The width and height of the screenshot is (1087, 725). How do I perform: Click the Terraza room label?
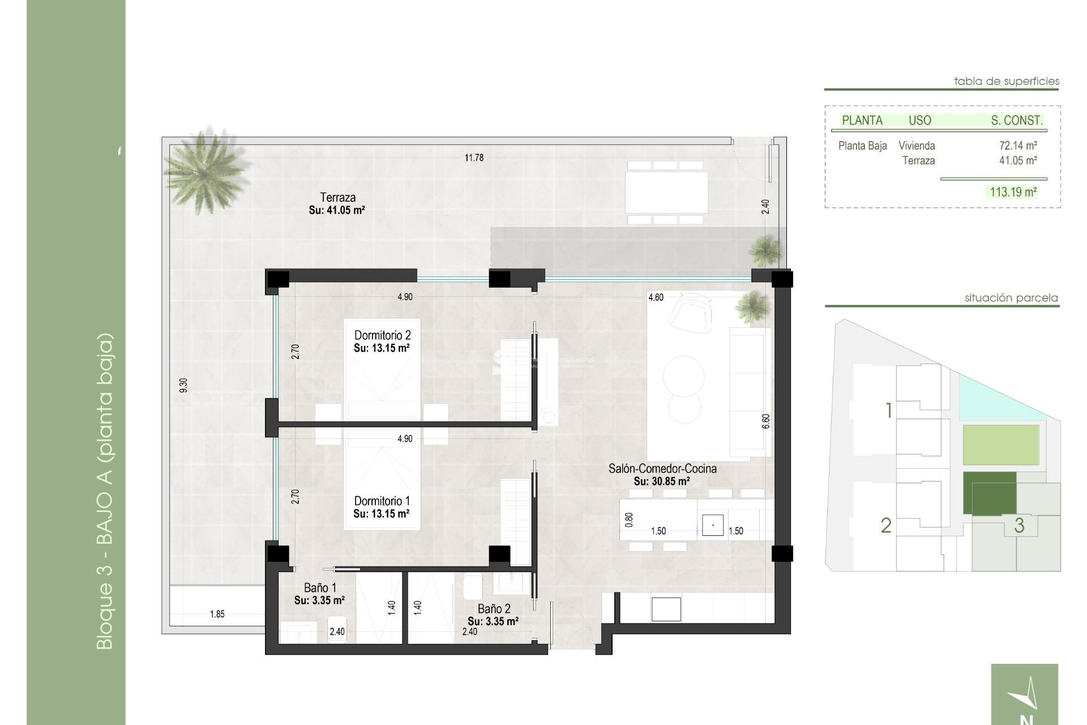(x=337, y=198)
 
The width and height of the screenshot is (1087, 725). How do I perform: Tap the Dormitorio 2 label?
(x=382, y=335)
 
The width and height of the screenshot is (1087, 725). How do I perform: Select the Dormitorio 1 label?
(x=382, y=501)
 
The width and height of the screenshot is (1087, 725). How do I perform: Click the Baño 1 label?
(x=320, y=588)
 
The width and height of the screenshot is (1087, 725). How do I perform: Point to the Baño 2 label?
(x=494, y=609)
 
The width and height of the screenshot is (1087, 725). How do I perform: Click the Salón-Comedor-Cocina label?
(x=662, y=468)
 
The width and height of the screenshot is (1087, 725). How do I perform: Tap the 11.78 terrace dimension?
(x=474, y=158)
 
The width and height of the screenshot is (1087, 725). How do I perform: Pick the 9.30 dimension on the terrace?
(x=183, y=385)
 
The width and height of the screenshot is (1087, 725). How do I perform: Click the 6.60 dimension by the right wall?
(x=766, y=421)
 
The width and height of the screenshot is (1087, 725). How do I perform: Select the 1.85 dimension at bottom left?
(x=217, y=614)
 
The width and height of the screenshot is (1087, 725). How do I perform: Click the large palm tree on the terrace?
(x=205, y=170)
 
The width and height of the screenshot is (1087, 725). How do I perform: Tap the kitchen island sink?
(x=712, y=525)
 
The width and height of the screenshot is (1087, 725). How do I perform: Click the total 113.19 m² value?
(x=1013, y=192)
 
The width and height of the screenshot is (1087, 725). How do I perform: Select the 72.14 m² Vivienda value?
(x=1017, y=146)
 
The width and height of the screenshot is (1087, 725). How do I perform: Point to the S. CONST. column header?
(x=1016, y=120)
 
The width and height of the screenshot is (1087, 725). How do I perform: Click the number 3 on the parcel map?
(x=1019, y=525)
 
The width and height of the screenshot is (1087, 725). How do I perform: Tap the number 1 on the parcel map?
(x=889, y=410)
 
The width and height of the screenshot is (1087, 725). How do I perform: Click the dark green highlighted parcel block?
(x=989, y=493)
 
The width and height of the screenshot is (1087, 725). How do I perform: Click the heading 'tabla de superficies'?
(x=1006, y=81)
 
